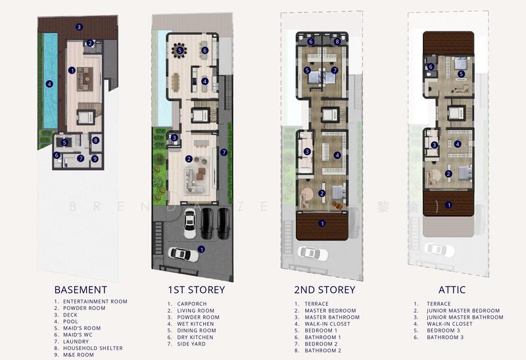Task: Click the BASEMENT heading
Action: click(81, 290)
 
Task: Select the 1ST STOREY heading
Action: click(196, 290)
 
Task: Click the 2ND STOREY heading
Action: click(325, 290)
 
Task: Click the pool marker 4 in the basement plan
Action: click(49, 83)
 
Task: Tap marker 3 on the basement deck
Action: click(79, 27)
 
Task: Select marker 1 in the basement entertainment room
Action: click(72, 70)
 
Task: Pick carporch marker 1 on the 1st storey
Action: click(201, 249)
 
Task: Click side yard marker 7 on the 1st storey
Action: click(224, 152)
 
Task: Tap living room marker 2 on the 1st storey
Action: click(189, 158)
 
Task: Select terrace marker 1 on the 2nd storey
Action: click(322, 223)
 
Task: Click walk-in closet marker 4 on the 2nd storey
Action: click(337, 155)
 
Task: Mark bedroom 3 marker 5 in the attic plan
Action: click(462, 74)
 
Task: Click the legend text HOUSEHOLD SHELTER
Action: click(92, 348)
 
